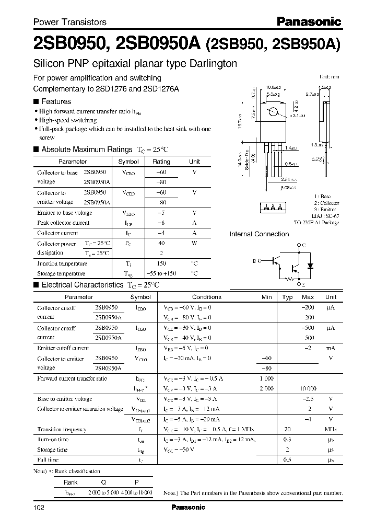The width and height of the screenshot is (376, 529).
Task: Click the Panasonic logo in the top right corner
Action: [x=308, y=21]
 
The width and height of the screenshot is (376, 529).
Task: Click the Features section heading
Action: [x=56, y=101]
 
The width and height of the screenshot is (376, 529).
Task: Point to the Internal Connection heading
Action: [x=259, y=234]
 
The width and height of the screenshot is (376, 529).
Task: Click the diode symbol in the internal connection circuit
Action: [x=311, y=265]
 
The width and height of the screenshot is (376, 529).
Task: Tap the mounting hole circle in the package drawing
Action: [x=273, y=112]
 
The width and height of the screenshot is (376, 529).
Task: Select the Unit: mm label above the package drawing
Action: [x=329, y=76]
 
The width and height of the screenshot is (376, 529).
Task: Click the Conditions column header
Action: [x=207, y=297]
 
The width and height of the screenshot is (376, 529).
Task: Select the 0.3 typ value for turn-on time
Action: [x=287, y=439]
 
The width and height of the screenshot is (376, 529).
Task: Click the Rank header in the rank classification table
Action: [x=70, y=482]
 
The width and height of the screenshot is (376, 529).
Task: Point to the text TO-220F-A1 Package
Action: [x=316, y=222]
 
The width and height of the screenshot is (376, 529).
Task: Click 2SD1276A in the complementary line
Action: [x=161, y=89]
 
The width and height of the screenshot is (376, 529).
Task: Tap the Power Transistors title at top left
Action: [x=70, y=22]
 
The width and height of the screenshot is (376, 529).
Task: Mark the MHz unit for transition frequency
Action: [x=330, y=429]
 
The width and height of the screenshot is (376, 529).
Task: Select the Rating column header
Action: [x=161, y=162]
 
